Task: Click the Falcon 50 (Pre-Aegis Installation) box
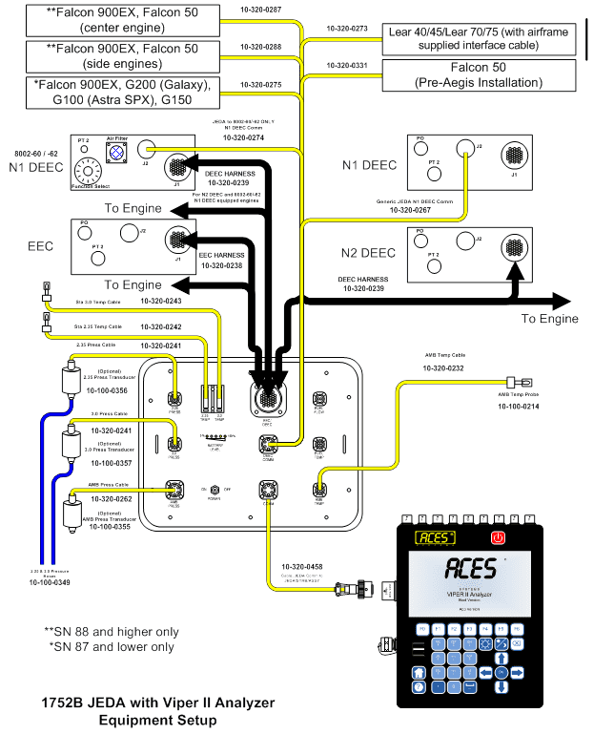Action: tap(478, 75)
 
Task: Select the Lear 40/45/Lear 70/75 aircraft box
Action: tap(478, 36)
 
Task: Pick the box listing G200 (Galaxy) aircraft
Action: tap(121, 93)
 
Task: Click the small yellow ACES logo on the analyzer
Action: tap(434, 537)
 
